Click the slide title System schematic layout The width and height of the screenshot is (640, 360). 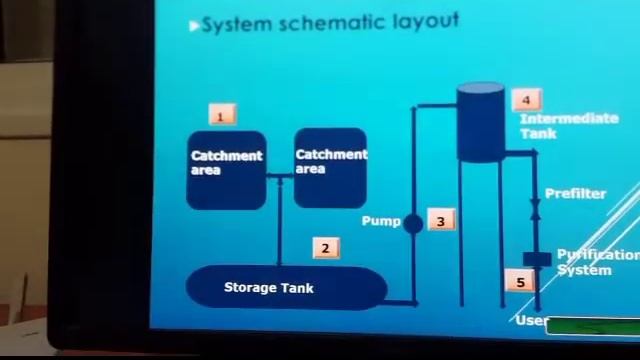click(x=330, y=22)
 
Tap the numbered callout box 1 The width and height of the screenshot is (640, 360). click(x=221, y=116)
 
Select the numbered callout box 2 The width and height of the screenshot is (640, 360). click(x=325, y=249)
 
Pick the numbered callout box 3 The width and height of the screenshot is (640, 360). click(x=440, y=221)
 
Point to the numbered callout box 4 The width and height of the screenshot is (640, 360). click(x=526, y=99)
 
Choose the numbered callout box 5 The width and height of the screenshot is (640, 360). click(x=520, y=282)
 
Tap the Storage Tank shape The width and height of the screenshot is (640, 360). click(x=286, y=288)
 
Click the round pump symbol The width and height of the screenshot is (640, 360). click(x=413, y=223)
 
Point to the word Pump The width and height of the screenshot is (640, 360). click(x=380, y=221)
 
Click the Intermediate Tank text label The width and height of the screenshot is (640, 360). click(x=567, y=125)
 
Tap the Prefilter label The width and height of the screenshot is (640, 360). click(x=575, y=193)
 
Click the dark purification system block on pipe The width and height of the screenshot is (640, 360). click(x=537, y=260)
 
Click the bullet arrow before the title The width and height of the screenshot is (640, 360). click(x=194, y=25)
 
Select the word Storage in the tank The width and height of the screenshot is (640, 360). click(x=249, y=288)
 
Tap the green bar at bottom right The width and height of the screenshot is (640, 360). click(x=592, y=326)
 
